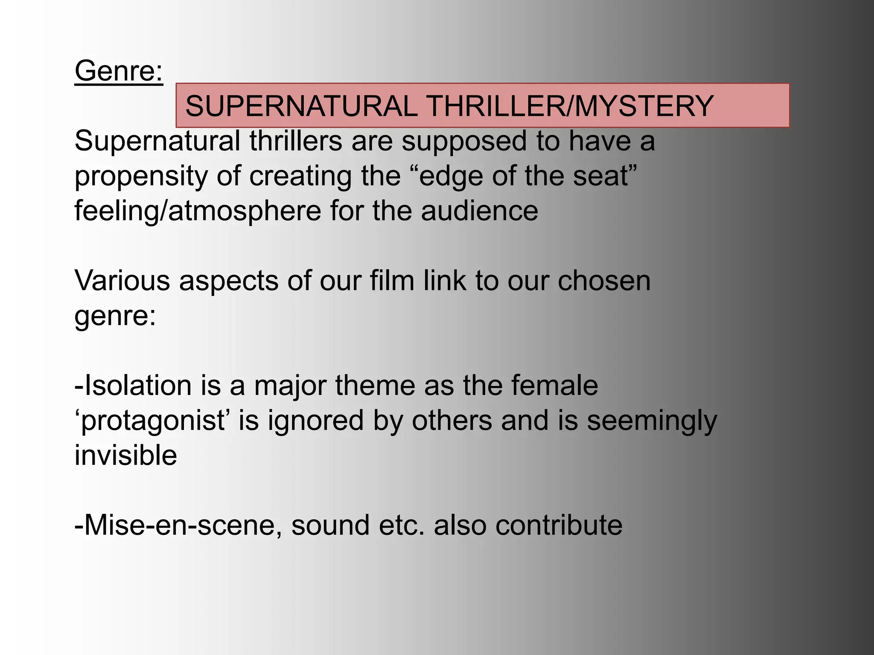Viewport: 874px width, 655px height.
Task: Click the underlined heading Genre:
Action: pos(119,71)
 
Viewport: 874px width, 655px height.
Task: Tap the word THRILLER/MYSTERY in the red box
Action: pos(570,106)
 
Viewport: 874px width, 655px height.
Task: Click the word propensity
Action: pos(141,177)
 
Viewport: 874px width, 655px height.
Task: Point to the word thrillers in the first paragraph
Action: pos(296,141)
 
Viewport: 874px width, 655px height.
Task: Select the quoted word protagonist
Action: pos(153,421)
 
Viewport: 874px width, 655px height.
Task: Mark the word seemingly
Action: pos(652,421)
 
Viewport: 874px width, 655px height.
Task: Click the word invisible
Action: pos(125,455)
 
